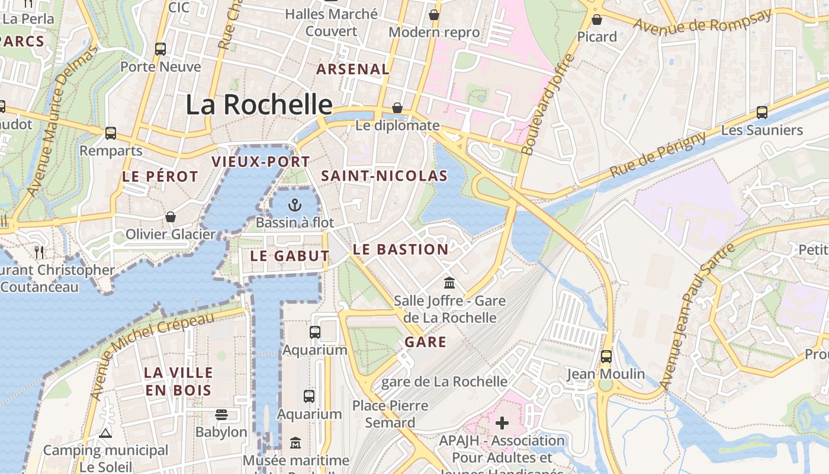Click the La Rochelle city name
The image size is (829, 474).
(259, 104)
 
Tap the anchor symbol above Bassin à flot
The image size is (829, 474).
(294, 206)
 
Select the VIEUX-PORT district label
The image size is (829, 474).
(261, 162)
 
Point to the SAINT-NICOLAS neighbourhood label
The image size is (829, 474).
(384, 176)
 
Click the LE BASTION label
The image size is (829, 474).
(400, 249)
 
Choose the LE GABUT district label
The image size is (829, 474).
(290, 256)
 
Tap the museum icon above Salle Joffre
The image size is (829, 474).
(449, 283)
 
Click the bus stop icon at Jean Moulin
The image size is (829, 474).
(606, 356)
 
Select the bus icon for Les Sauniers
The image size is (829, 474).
(761, 112)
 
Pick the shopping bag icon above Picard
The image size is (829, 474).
(597, 20)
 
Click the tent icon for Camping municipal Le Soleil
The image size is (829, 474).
(105, 433)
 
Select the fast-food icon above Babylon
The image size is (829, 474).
(221, 414)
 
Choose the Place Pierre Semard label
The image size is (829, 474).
(390, 414)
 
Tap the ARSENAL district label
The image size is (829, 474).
(353, 69)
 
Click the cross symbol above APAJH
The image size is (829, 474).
(502, 422)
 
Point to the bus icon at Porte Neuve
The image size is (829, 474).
(160, 49)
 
